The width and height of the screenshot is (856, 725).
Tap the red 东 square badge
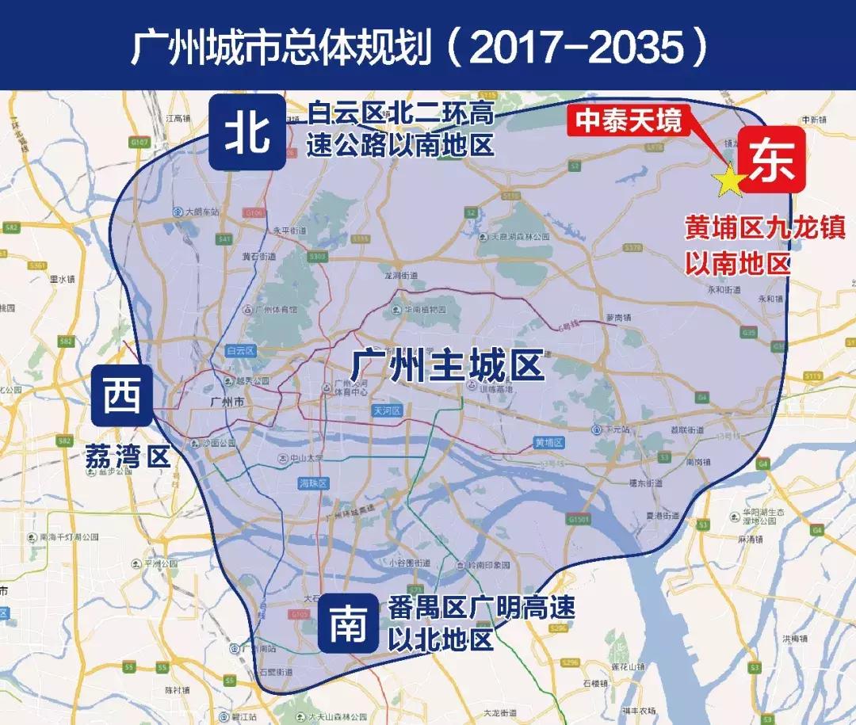tap(772, 158)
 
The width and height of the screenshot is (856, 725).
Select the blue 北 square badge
tap(248, 132)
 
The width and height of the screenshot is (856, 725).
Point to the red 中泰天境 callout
tap(628, 121)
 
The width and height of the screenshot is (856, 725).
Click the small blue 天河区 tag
tap(388, 410)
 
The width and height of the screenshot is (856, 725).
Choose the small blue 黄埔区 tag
tap(548, 442)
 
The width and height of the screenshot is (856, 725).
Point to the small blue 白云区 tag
tap(239, 349)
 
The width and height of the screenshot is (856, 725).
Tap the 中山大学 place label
tap(304, 458)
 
